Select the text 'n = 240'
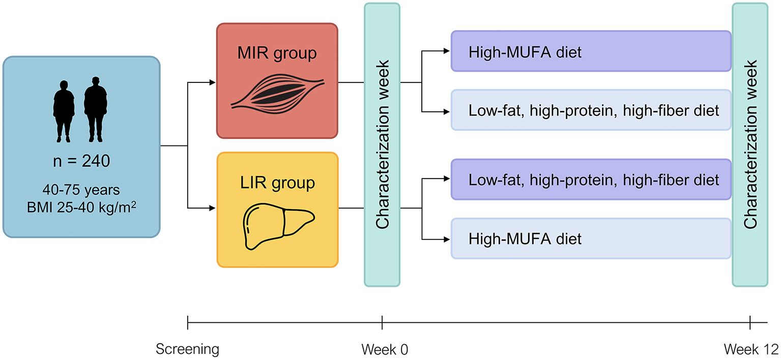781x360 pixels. pyautogui.click(x=81, y=162)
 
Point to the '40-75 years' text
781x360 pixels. pyautogui.click(x=81, y=191)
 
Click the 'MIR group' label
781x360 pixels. pyautogui.click(x=277, y=52)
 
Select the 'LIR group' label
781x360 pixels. pyautogui.click(x=277, y=182)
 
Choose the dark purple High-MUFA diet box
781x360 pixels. pyautogui.click(x=591, y=51)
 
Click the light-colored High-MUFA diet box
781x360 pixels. pyautogui.click(x=591, y=238)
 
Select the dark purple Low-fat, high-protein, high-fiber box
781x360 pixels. pyautogui.click(x=591, y=179)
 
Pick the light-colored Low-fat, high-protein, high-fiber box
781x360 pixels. pyautogui.click(x=591, y=110)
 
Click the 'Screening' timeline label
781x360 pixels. pyautogui.click(x=188, y=349)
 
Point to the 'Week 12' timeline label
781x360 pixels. pyautogui.click(x=751, y=349)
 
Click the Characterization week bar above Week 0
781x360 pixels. pyautogui.click(x=382, y=144)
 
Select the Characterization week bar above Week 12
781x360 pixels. pyautogui.click(x=750, y=144)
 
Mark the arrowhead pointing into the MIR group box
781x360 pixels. pyautogui.click(x=213, y=82)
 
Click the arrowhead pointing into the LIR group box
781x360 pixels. pyautogui.click(x=213, y=207)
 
